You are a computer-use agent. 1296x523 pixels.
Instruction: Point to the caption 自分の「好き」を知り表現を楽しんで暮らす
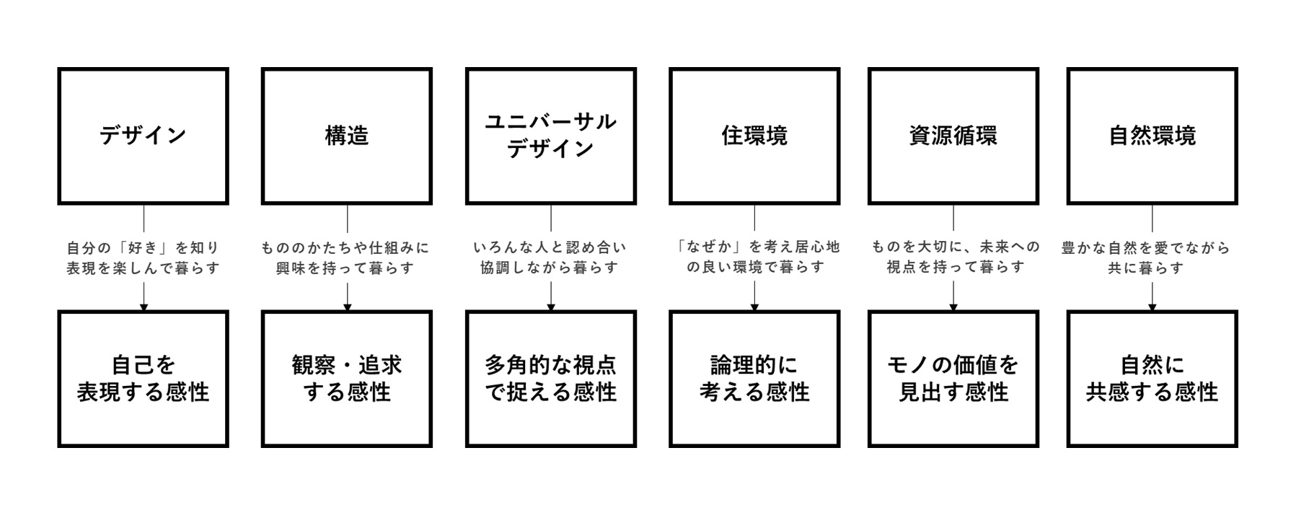click(143, 258)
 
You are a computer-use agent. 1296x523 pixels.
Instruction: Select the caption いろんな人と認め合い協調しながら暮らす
click(550, 258)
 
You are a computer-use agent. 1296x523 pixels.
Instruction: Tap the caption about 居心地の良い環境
click(754, 257)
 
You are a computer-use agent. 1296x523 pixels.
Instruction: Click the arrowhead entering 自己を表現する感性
click(144, 307)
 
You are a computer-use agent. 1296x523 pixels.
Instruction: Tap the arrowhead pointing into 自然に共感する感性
click(1152, 307)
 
